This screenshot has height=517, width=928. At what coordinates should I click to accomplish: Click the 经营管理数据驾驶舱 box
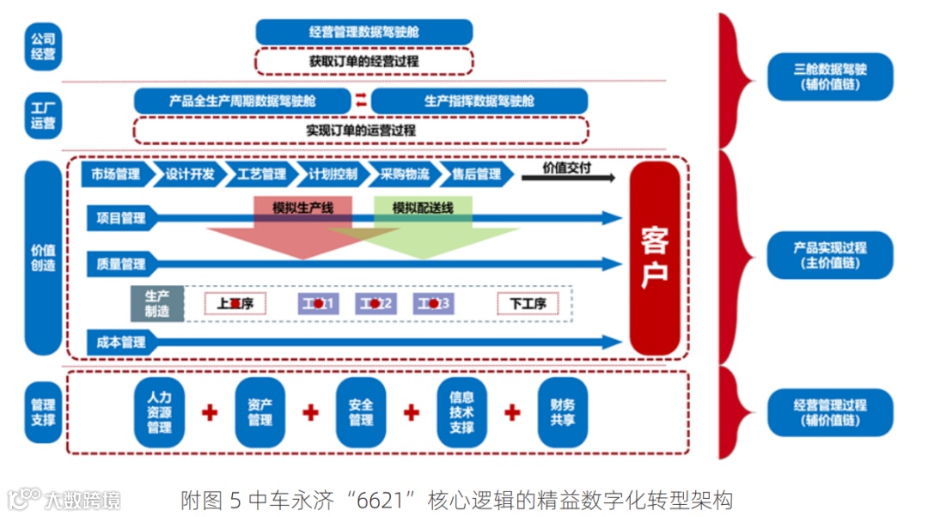click(363, 33)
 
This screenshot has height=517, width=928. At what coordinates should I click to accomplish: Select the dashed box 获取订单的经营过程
click(363, 62)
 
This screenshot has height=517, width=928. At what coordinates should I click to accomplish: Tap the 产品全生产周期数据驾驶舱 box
click(242, 100)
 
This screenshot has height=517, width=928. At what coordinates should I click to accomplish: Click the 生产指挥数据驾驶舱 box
click(479, 100)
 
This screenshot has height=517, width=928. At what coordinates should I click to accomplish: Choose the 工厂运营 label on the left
click(43, 115)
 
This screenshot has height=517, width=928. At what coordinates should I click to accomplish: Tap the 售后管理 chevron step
click(475, 174)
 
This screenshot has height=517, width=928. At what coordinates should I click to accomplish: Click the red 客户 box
click(655, 258)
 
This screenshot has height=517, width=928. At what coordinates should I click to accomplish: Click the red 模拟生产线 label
click(302, 208)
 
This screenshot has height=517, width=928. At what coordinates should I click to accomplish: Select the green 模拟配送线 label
click(422, 208)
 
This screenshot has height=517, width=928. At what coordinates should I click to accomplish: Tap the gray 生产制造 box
click(157, 303)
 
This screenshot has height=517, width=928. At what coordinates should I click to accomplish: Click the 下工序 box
click(528, 303)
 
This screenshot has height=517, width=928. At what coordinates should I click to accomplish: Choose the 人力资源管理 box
click(160, 412)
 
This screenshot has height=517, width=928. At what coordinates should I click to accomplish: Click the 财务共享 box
click(563, 412)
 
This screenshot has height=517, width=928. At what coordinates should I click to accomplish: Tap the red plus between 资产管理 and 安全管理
click(311, 413)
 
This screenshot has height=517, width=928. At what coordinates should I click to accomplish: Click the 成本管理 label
click(121, 342)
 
